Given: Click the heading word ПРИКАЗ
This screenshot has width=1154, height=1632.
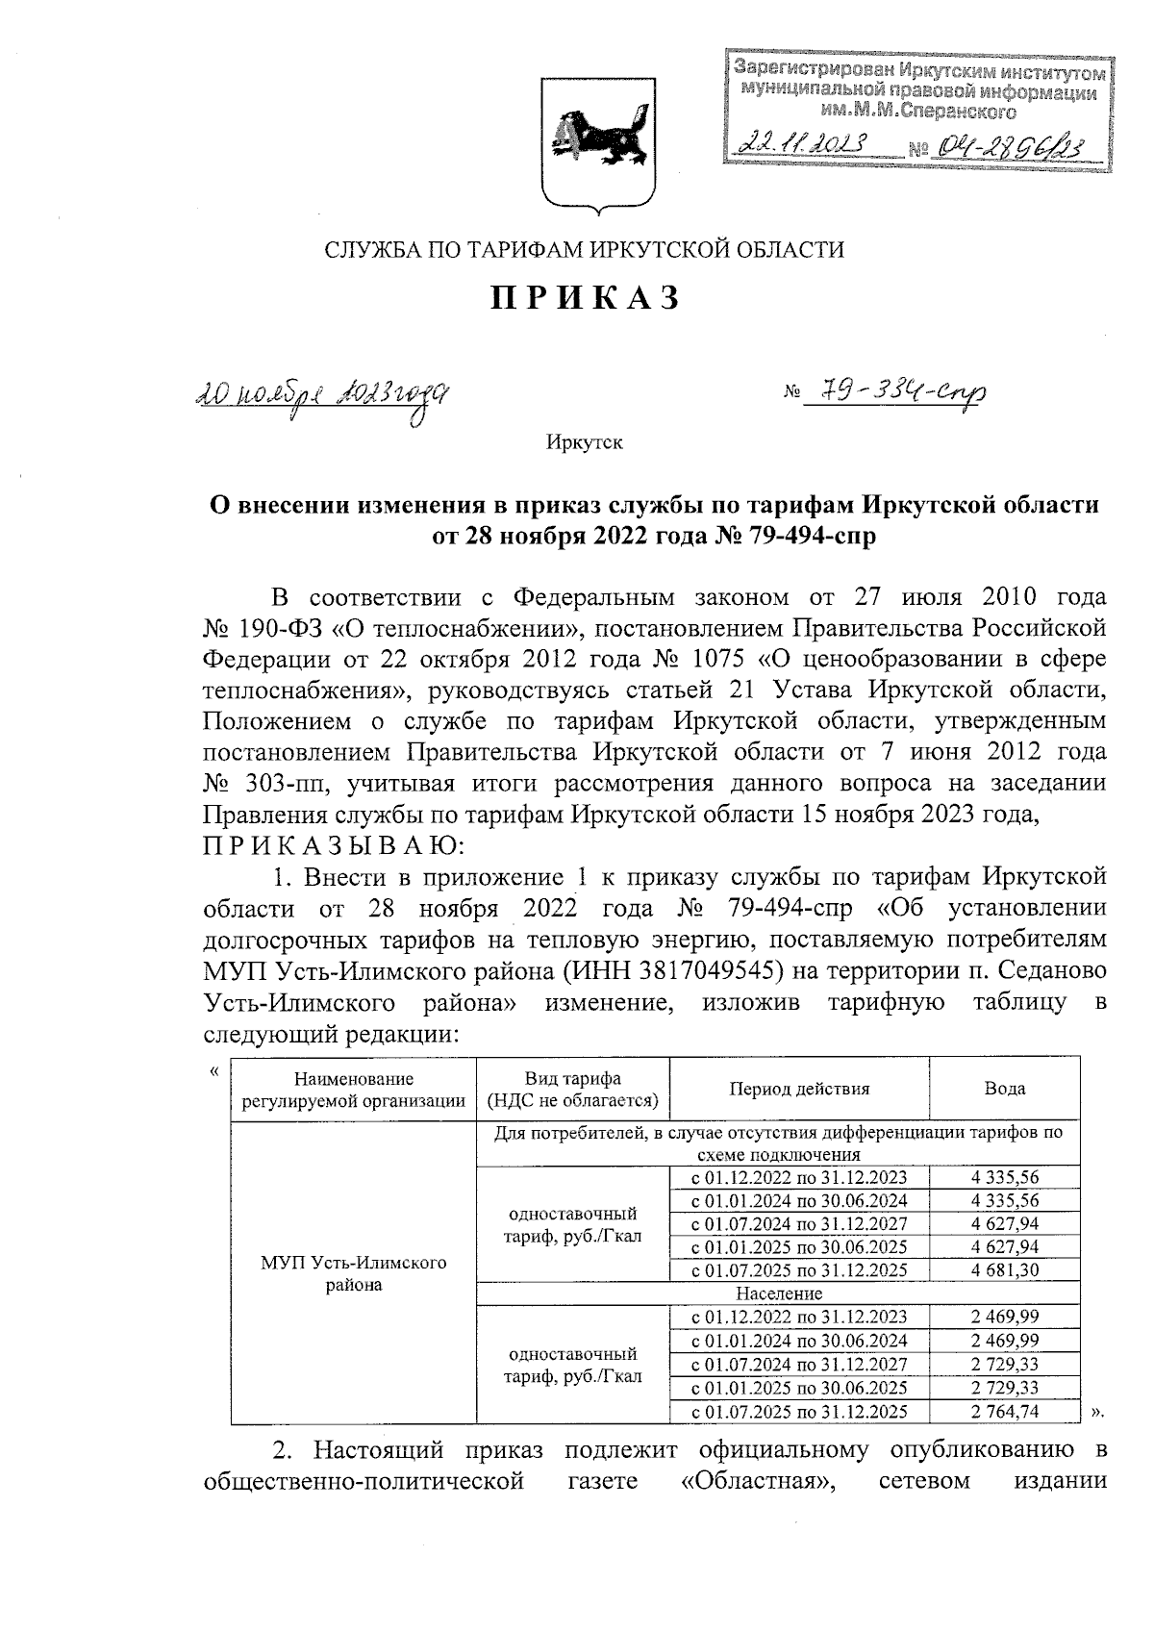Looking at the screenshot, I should [586, 298].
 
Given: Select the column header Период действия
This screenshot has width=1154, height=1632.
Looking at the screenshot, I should [799, 1089].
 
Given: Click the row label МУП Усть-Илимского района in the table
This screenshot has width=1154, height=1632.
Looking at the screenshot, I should [354, 1273].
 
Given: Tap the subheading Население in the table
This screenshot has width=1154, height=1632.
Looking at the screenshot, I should [779, 1293].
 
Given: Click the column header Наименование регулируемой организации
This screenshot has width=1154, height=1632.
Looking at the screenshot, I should [354, 1090].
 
